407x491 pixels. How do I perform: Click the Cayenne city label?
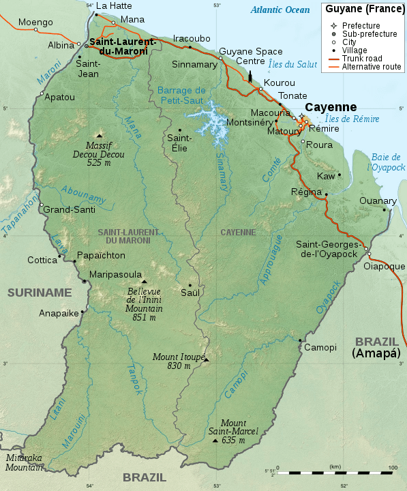tap(331, 108)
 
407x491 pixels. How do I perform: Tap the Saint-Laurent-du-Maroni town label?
tap(123, 46)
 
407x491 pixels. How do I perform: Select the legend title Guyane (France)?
tap(361, 10)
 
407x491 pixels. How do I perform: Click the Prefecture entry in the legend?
tap(361, 25)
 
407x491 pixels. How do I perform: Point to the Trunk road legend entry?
tap(362, 59)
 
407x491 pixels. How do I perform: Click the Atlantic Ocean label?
tap(280, 10)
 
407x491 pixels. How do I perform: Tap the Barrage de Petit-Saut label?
tap(181, 95)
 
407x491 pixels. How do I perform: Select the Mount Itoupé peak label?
tap(171, 361)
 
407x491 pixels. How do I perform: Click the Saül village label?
tap(190, 293)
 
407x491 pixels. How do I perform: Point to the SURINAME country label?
tap(39, 293)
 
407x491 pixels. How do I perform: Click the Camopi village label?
tap(320, 347)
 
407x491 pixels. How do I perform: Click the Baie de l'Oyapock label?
tap(386, 162)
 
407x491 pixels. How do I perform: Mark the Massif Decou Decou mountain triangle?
tap(100, 135)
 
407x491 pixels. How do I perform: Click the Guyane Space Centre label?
tap(246, 56)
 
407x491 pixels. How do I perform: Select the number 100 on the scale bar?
tap(392, 467)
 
